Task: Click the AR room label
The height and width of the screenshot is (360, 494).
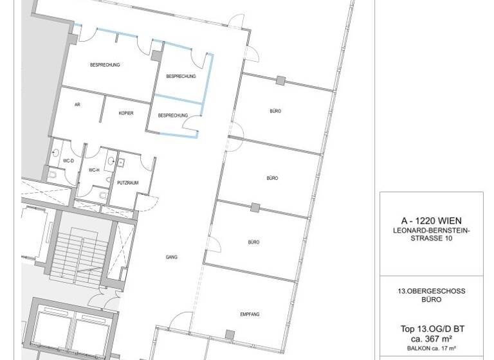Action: [77, 104]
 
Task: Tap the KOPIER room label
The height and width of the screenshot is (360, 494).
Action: [126, 113]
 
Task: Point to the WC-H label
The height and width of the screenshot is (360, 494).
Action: [94, 170]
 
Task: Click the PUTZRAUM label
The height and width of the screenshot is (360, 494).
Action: [127, 183]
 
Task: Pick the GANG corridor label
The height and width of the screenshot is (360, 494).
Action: [171, 257]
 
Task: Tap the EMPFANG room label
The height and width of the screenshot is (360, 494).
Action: [250, 314]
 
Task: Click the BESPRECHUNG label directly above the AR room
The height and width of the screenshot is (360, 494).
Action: [105, 65]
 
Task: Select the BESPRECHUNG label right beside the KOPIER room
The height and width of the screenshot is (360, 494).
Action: [173, 116]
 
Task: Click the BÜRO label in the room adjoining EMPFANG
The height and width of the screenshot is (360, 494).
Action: [253, 242]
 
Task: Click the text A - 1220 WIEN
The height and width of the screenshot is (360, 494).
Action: [431, 221]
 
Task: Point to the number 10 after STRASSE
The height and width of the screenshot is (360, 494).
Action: [448, 239]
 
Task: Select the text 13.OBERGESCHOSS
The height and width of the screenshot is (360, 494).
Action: [431, 291]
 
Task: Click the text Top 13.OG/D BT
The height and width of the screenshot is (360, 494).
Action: [431, 329]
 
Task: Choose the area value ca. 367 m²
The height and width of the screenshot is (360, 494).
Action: [431, 339]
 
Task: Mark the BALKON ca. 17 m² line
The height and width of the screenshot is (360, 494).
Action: [431, 348]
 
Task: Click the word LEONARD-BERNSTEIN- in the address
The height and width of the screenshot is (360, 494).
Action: [431, 230]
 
